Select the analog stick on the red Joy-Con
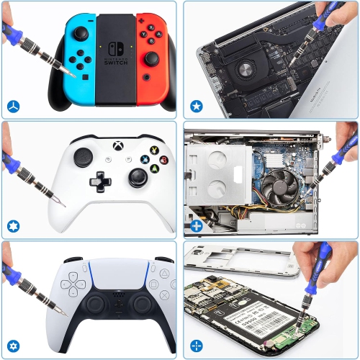pos(152,57)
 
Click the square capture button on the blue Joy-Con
pos(86,76)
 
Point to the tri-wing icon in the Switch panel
pos(13,107)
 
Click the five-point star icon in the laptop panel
pos(196,107)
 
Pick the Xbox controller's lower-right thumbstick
pos(135,177)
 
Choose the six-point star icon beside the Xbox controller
pos(13,226)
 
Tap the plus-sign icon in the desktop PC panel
pos(196,227)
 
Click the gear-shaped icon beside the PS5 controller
pos(13,346)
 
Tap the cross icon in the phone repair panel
pos(196,346)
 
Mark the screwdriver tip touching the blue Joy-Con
pos(70,73)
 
